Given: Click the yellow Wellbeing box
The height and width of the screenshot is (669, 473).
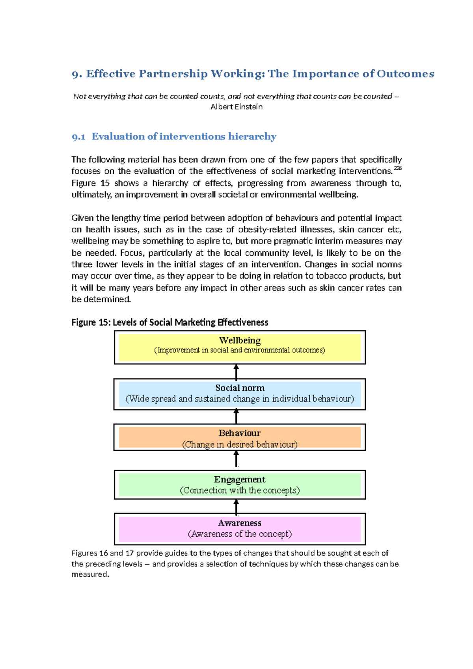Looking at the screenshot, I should click(x=240, y=347).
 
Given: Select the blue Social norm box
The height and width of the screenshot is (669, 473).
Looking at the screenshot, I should click(x=240, y=394).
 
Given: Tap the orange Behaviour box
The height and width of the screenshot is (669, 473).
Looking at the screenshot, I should click(x=240, y=437).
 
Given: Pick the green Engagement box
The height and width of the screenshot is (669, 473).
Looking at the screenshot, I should click(x=240, y=485).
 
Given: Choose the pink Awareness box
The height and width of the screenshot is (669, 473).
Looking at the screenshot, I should click(x=240, y=529).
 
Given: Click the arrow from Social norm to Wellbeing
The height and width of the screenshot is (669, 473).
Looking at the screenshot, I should click(x=236, y=372).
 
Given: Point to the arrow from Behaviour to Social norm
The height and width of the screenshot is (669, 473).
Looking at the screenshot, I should click(x=236, y=416).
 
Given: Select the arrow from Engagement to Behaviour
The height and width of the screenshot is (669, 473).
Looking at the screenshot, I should click(x=236, y=459).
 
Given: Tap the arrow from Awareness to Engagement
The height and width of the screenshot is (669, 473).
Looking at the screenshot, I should click(x=236, y=507).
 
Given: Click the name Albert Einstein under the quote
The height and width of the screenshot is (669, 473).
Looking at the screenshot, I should click(x=236, y=107).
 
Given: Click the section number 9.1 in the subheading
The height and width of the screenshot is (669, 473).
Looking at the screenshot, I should click(x=78, y=137).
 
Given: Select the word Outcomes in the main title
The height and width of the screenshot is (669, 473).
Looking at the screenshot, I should click(x=405, y=74).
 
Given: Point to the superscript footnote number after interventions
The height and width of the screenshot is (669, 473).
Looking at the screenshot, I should click(x=398, y=168).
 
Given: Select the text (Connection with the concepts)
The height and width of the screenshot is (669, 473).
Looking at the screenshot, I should click(x=240, y=491).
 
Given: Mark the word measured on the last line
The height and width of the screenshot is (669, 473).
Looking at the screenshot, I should click(x=89, y=574).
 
